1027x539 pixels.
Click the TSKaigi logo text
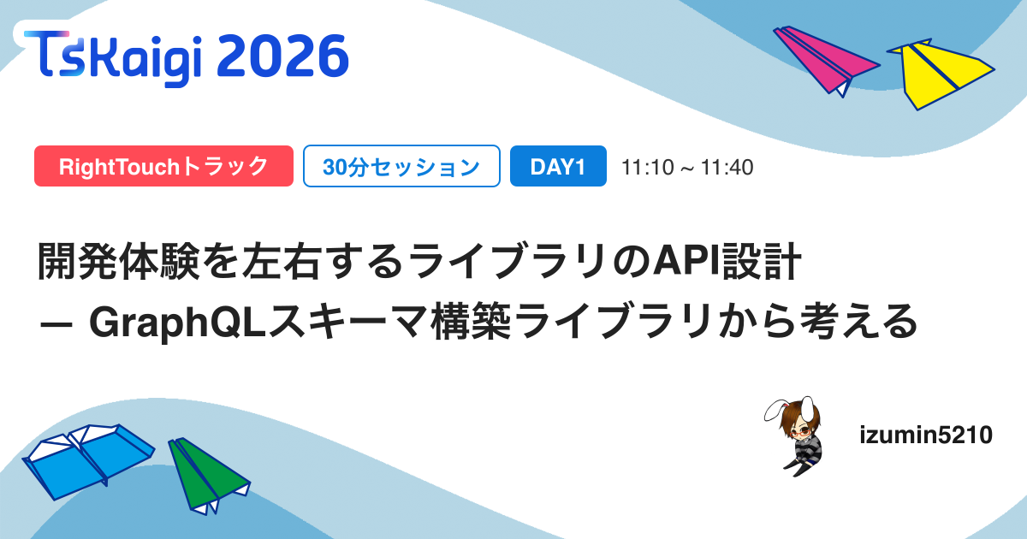click(x=113, y=58)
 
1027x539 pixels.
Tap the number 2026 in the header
click(x=282, y=56)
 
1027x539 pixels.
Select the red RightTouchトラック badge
click(x=163, y=166)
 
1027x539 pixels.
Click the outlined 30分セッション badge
click(x=401, y=166)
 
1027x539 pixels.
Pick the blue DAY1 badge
click(x=558, y=166)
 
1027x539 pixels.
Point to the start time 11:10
click(x=647, y=168)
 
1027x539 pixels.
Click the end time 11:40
click(x=727, y=168)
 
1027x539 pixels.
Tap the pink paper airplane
click(x=825, y=61)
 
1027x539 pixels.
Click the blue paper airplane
click(x=88, y=460)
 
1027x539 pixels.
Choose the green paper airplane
click(x=209, y=477)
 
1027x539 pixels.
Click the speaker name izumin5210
click(x=926, y=435)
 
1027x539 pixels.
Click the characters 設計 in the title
click(x=761, y=261)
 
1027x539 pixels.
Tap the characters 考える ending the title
click(x=858, y=322)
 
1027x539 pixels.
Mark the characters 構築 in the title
click(x=472, y=322)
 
